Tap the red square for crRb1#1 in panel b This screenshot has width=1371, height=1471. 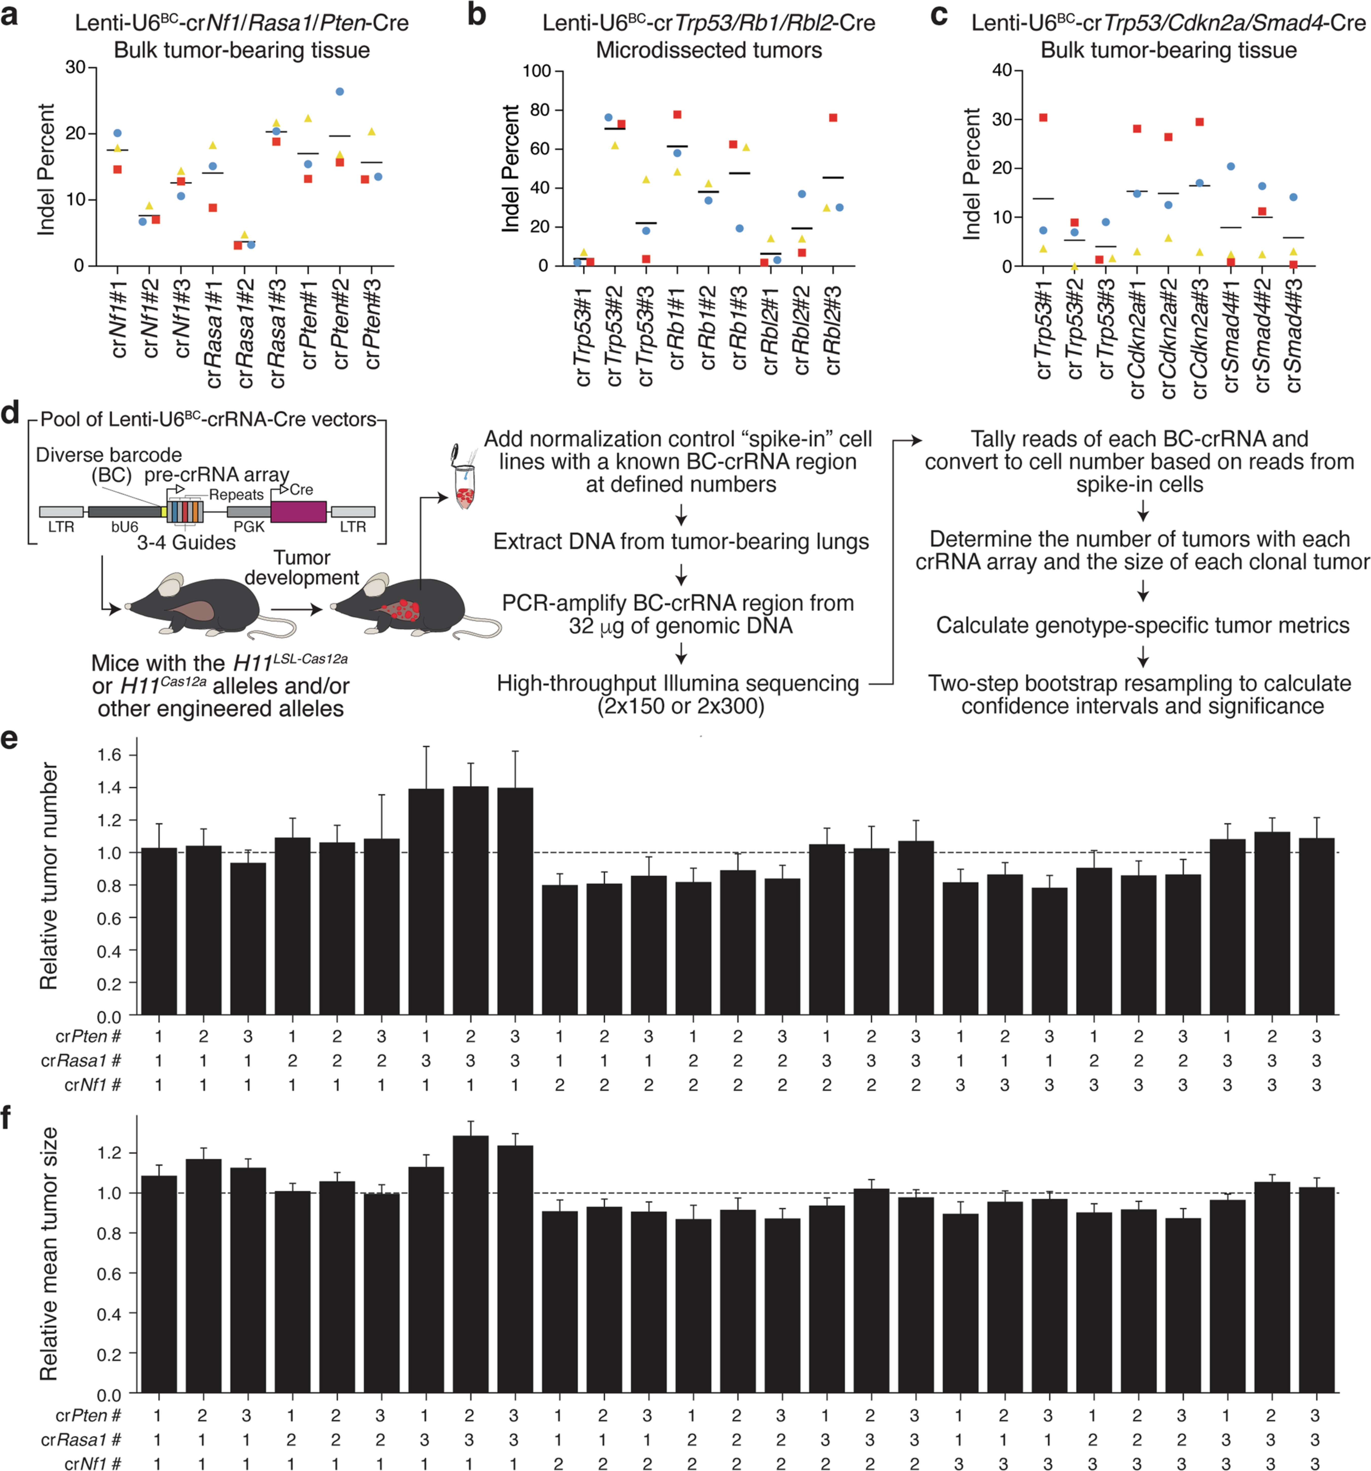pyautogui.click(x=677, y=115)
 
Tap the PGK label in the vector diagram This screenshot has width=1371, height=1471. pyautogui.click(x=249, y=527)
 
